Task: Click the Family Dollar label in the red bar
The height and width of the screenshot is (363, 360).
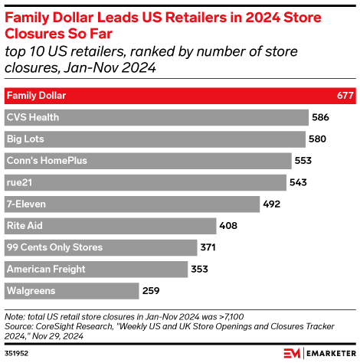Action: [x=36, y=96]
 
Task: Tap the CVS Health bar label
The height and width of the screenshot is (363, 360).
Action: [x=32, y=117]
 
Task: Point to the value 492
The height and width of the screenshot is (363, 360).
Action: [x=273, y=204]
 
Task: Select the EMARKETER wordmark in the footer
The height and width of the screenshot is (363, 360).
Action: [x=329, y=353]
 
